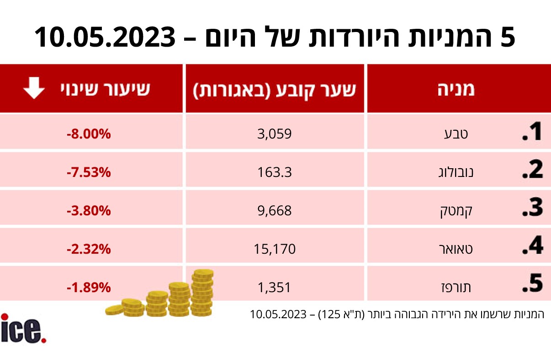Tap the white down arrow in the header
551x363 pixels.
34,89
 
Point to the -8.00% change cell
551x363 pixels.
89,134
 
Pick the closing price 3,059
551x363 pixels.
274,134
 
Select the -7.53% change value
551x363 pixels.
89,172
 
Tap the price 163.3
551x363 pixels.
274,172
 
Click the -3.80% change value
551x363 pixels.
89,211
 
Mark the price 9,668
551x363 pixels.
274,211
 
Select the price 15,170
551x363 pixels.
275,249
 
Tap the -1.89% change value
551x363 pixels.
89,288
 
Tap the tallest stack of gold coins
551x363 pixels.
202,293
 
